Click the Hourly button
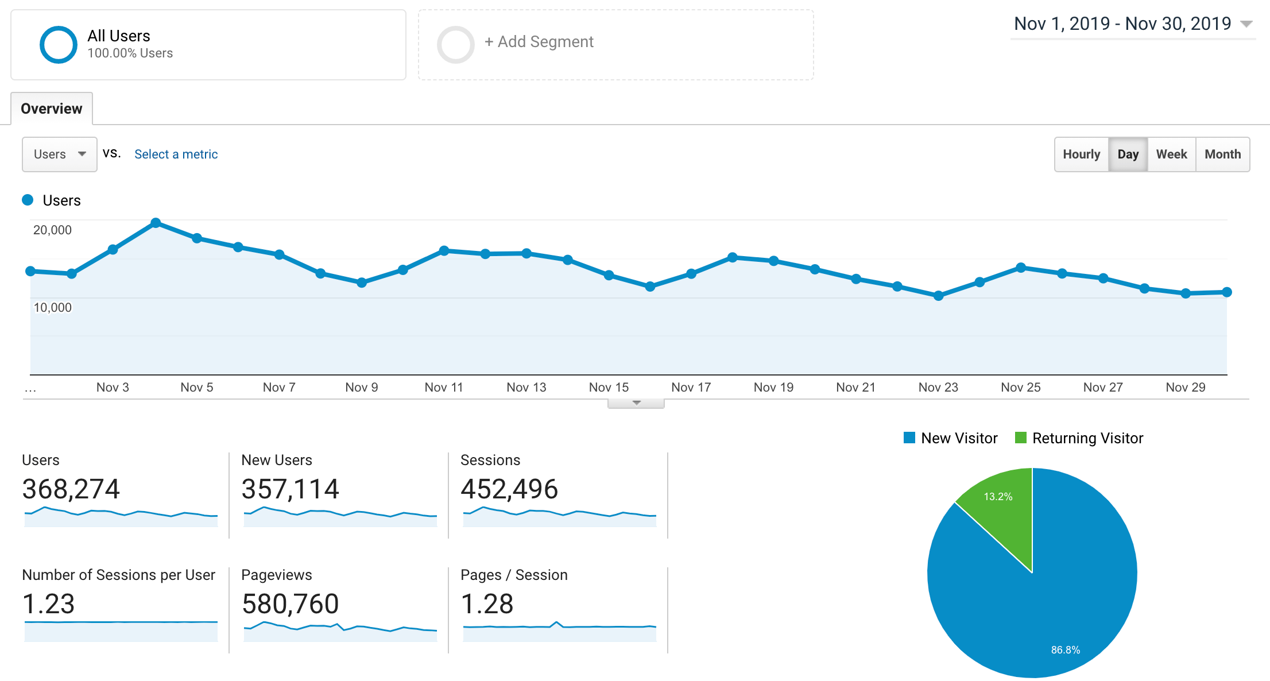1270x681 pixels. (x=1081, y=154)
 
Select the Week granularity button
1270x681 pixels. (x=1171, y=154)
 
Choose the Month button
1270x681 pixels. (x=1222, y=154)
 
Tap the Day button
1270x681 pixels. (x=1128, y=154)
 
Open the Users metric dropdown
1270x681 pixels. (x=59, y=154)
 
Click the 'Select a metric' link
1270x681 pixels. (x=176, y=154)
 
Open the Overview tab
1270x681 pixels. (x=52, y=109)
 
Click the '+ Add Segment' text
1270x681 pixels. (x=539, y=42)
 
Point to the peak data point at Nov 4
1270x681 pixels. (x=156, y=223)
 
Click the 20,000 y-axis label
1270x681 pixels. (x=52, y=230)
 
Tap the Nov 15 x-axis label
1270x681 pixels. (x=609, y=388)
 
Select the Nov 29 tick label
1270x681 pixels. (x=1185, y=388)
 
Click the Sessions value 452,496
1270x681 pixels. (x=509, y=489)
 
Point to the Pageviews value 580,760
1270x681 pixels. (x=290, y=604)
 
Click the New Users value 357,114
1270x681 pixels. (x=290, y=489)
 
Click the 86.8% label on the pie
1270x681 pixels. (x=1065, y=650)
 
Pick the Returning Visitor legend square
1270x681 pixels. (x=1020, y=438)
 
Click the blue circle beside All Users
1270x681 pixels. (x=58, y=45)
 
